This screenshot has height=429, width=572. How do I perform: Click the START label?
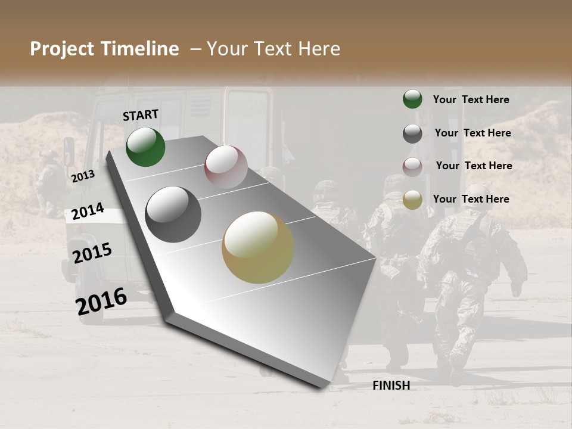141,115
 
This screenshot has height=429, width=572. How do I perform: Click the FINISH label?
391,386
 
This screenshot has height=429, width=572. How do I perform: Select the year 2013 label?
83,176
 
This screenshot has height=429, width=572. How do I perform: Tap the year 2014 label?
88,212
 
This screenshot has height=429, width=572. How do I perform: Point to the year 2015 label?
92,253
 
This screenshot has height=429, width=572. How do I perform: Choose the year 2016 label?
101,301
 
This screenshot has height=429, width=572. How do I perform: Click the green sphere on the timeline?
145,147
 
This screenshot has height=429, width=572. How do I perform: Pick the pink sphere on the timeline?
226,167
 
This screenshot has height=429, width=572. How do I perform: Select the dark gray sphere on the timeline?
173,214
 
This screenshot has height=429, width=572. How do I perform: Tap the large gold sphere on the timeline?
258,247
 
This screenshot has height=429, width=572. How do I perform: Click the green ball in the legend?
412,99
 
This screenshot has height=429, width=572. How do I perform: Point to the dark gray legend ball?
412,133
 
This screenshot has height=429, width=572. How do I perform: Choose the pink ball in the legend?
412,167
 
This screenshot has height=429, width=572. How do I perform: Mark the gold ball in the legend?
412,200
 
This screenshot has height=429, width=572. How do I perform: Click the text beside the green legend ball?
471,100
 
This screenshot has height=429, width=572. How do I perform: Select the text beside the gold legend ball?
471,199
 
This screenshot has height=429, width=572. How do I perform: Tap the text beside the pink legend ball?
474,166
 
